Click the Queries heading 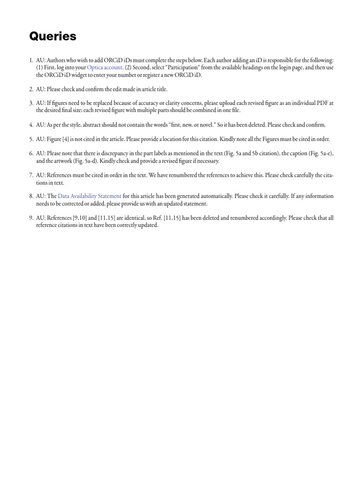coord(52,36)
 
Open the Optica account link coord(105,67)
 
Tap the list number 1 coord(30,60)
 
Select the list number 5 coord(30,139)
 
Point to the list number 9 coord(30,218)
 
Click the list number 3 coord(30,103)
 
